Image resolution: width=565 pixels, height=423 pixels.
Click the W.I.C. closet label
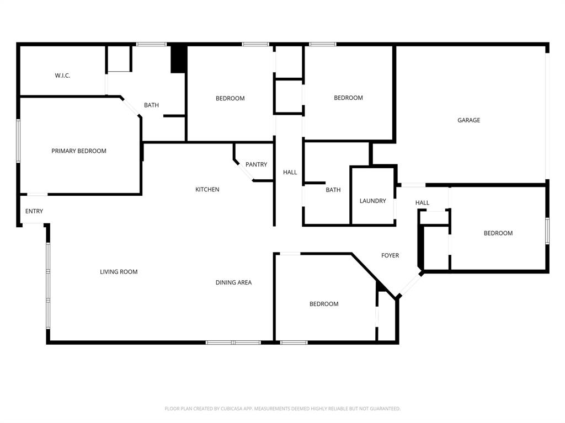[62, 76]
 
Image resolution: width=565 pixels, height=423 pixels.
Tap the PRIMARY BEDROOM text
[79, 151]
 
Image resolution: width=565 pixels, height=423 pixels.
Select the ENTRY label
[34, 211]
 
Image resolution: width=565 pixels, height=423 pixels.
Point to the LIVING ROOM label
[119, 272]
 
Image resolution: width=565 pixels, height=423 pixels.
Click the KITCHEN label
[207, 190]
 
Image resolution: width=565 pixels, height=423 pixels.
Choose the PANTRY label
[256, 165]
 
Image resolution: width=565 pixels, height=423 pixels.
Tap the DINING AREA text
[233, 282]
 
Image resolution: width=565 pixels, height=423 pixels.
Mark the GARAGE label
[468, 120]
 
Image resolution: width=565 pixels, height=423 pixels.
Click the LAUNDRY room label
[372, 201]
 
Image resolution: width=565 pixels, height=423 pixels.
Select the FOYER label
[390, 255]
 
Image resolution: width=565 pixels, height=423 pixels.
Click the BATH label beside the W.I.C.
[151, 105]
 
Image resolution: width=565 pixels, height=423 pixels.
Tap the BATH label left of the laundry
[333, 190]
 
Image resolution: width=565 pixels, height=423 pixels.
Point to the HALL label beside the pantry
[290, 173]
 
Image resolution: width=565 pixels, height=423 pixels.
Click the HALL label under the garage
[422, 203]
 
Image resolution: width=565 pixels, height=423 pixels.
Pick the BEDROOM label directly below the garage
[498, 233]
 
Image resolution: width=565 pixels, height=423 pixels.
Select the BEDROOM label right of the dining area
[324, 304]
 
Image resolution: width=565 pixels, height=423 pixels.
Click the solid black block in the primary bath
[178, 59]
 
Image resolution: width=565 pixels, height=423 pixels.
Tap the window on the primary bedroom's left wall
[18, 141]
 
